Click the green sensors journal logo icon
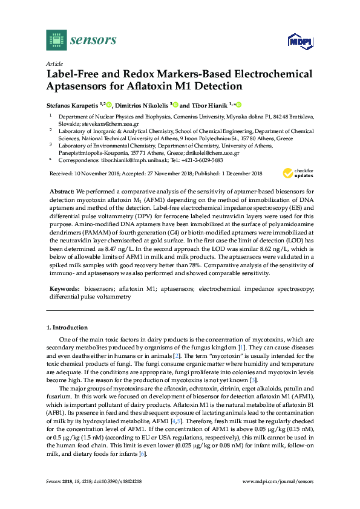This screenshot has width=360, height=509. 56,40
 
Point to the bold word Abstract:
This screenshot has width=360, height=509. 61,191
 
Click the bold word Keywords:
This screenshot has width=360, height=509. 64,290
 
